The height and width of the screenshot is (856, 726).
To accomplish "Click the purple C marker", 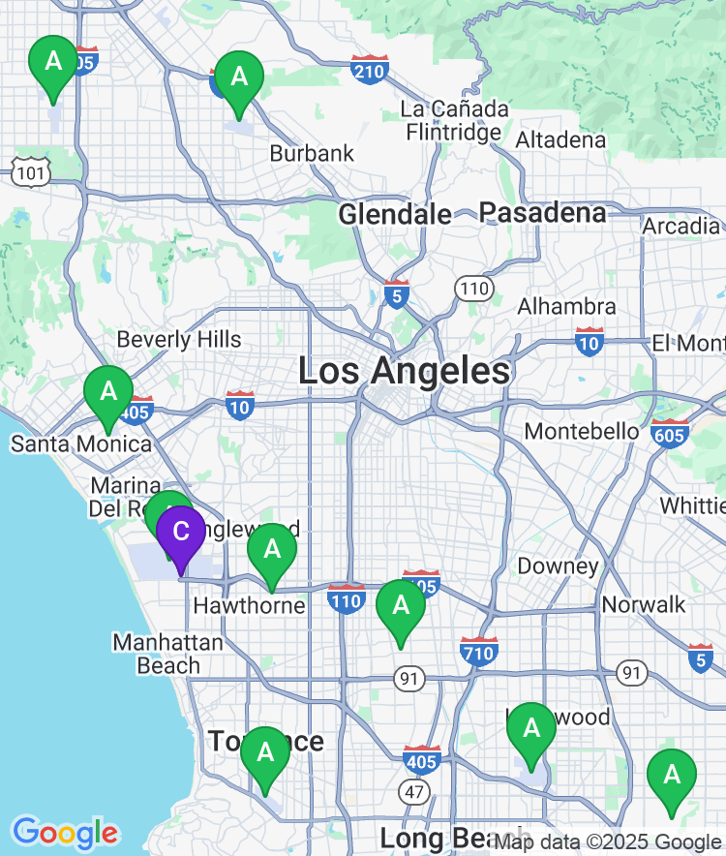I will click(x=180, y=533).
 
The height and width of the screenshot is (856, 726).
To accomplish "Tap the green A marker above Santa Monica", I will click(x=108, y=393).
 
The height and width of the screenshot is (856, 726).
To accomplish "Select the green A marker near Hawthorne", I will click(x=272, y=550).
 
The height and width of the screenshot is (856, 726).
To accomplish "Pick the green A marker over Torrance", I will click(x=264, y=753).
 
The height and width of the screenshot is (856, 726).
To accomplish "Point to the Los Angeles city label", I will click(x=404, y=371).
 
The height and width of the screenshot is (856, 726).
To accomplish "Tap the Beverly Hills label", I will click(x=179, y=340).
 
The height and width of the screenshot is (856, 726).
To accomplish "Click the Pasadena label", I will click(x=542, y=212).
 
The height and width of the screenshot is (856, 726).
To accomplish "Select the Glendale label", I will click(x=394, y=214).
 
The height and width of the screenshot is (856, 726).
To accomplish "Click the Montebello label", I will click(x=581, y=431).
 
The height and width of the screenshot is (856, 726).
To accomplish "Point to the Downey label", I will click(x=559, y=566).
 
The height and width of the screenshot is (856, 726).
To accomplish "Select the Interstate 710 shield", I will click(x=479, y=650).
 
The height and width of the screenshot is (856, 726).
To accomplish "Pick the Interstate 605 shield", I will click(x=670, y=432).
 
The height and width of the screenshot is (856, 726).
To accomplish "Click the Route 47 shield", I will click(x=415, y=793).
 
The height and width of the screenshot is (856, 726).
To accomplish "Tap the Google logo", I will click(x=65, y=833).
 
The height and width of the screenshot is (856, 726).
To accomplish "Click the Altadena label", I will click(x=560, y=140).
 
